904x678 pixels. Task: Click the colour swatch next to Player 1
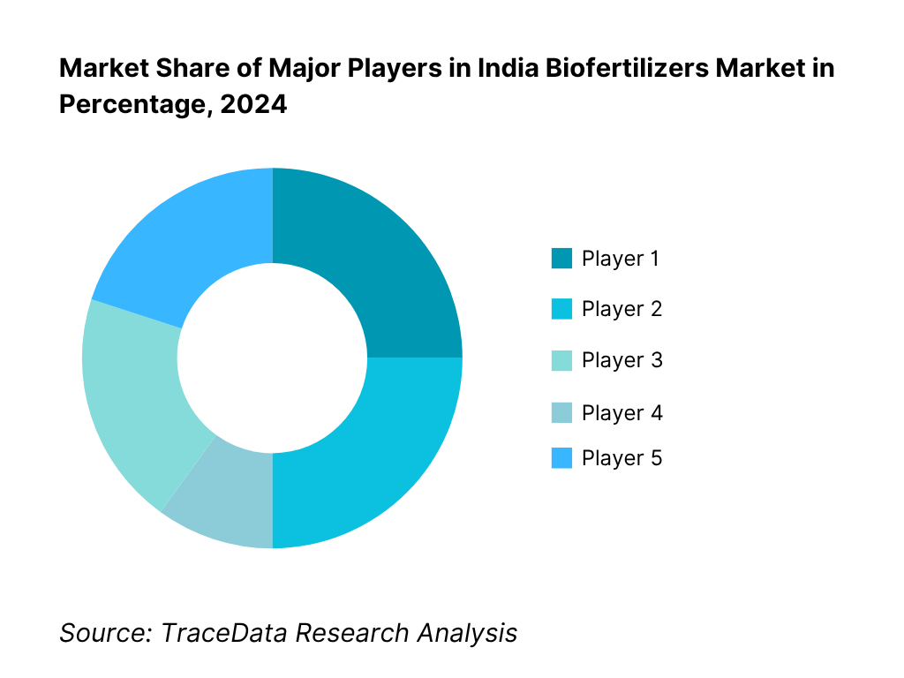click(x=561, y=259)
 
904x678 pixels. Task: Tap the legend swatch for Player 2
click(x=561, y=310)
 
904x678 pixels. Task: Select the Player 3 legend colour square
click(x=561, y=361)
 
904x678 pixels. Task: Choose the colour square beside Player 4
click(x=561, y=413)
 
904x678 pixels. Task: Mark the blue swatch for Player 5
click(x=561, y=458)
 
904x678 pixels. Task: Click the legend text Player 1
click(x=621, y=259)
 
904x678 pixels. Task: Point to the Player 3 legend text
click(x=621, y=361)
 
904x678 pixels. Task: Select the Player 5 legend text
click(x=621, y=458)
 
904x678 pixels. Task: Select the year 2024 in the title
click(x=255, y=104)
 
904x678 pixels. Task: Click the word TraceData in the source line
click(x=226, y=633)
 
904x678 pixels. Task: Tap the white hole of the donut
click(x=272, y=358)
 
